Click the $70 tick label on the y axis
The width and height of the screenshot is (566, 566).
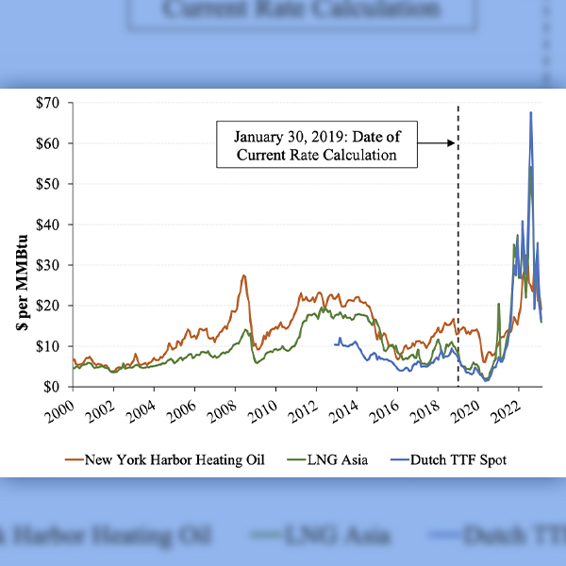click(x=52, y=103)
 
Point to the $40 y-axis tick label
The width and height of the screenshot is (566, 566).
click(x=52, y=225)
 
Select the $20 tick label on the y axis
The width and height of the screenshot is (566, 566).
click(x=52, y=306)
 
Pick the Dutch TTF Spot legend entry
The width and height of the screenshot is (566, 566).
click(x=462, y=459)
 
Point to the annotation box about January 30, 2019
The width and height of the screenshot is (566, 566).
click(x=317, y=144)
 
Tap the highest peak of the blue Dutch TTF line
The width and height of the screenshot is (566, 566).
click(x=531, y=112)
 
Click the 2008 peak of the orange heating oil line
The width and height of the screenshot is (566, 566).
click(x=244, y=275)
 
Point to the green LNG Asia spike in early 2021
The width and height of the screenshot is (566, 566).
click(x=497, y=305)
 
